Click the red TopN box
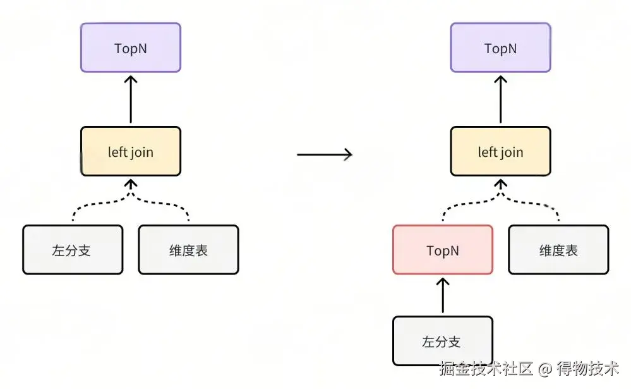(x=442, y=250)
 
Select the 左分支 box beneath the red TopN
(x=442, y=342)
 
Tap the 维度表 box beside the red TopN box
(x=558, y=250)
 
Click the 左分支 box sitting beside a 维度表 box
(x=72, y=250)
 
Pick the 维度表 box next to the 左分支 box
(x=188, y=250)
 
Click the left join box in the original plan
(x=130, y=152)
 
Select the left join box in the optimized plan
(x=500, y=152)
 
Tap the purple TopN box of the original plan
(x=130, y=48)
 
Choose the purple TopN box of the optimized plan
(x=500, y=48)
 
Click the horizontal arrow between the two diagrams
(x=324, y=154)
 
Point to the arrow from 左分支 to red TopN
(x=442, y=295)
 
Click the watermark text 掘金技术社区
(x=486, y=368)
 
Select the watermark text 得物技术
(x=587, y=368)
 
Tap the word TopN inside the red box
(x=442, y=250)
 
